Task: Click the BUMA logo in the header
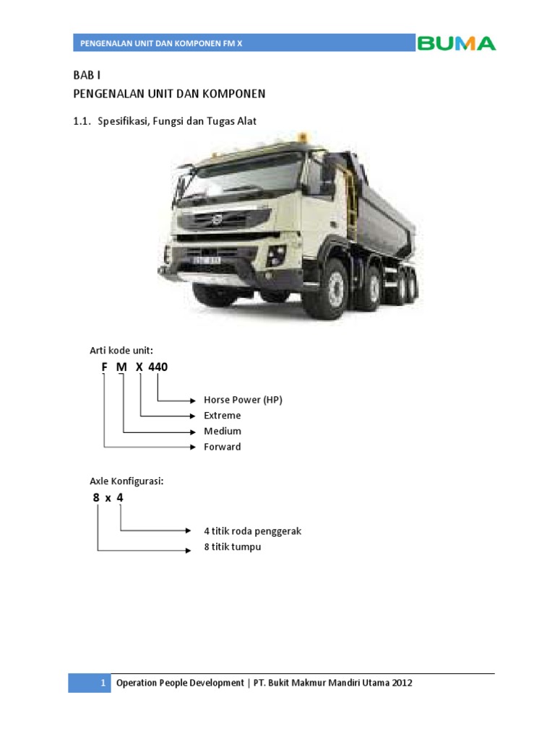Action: pos(456,43)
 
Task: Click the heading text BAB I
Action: pos(85,75)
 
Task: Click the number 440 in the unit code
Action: pos(158,367)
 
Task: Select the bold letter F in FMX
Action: pos(104,367)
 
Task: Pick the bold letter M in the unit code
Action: pos(121,367)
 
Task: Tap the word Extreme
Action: pos(223,416)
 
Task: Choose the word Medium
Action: pos(223,431)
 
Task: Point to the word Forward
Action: pos(223,447)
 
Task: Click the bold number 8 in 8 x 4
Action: pos(96,498)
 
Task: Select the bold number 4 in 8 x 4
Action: pos(120,498)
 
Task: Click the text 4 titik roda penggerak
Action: pos(252,531)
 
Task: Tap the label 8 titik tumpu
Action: pos(232,547)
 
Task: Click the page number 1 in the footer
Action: pos(103,683)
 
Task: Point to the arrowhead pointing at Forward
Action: pos(194,447)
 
